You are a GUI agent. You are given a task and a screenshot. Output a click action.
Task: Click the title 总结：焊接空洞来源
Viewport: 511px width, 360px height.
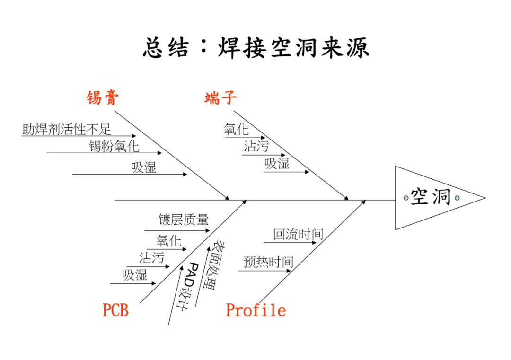255,48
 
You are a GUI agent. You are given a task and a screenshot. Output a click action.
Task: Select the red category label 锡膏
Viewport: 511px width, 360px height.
102,98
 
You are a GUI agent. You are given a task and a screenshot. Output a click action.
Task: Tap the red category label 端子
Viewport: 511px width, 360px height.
220,98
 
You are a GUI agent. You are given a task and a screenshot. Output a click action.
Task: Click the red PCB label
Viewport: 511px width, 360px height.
115,310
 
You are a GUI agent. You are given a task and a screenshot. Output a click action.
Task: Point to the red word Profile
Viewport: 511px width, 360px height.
255,310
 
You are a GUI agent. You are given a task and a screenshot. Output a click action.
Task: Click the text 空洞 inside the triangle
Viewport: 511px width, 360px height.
431,197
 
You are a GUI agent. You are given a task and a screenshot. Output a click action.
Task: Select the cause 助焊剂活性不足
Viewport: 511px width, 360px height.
67,129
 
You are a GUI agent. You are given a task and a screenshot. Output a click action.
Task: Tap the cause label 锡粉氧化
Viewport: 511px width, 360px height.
114,146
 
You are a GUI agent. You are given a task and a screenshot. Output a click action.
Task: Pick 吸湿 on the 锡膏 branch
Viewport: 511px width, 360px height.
143,167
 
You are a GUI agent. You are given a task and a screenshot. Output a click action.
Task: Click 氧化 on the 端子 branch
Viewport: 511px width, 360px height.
236,129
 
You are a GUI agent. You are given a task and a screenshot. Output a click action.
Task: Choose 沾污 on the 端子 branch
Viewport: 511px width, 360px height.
256,146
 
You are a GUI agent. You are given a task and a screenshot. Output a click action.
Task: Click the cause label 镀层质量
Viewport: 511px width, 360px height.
183,220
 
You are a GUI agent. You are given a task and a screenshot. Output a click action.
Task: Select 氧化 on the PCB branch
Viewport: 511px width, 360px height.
169,241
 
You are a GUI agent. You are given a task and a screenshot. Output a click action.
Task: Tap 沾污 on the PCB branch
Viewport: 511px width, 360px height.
151,258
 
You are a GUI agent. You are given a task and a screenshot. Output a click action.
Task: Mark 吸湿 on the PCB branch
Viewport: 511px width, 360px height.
135,275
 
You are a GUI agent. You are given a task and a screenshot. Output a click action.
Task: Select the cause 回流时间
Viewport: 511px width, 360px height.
298,234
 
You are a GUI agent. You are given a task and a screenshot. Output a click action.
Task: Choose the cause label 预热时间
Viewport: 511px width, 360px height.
268,262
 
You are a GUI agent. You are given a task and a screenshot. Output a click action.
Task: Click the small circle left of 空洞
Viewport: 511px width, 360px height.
406,198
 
